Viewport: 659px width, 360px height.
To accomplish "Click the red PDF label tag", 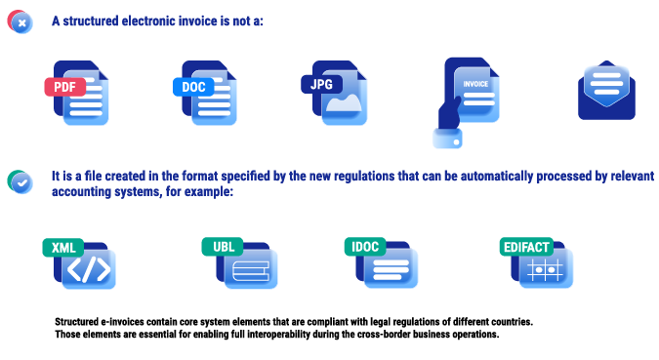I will [x=64, y=87].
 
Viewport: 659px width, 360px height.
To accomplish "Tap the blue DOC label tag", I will [x=192, y=87].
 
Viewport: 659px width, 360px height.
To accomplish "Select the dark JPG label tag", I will [x=321, y=84].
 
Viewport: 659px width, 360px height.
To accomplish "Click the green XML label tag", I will [x=62, y=248].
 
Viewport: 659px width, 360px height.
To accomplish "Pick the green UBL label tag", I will [x=222, y=247].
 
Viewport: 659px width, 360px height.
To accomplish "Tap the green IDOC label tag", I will [x=364, y=247].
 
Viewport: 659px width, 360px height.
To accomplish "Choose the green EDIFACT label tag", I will [x=526, y=247].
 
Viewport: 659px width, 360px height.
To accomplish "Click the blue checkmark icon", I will [x=21, y=182].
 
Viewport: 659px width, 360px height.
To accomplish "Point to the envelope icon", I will [x=606, y=92].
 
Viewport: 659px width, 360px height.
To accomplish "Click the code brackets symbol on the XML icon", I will [x=89, y=270].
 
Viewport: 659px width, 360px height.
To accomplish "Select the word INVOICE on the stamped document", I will [x=475, y=84].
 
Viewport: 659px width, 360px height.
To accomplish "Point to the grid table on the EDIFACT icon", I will [x=547, y=270].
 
